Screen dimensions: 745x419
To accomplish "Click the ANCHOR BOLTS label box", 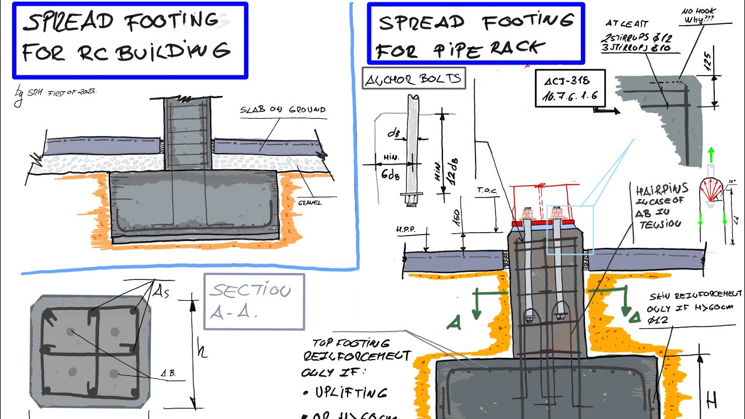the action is coord(414,78).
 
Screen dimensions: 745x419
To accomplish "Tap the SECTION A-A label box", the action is coord(254,301).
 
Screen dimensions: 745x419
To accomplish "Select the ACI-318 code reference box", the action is coord(570,88).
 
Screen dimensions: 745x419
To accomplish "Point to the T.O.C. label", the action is coord(485,190).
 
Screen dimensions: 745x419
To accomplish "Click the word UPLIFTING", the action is coord(350,393).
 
